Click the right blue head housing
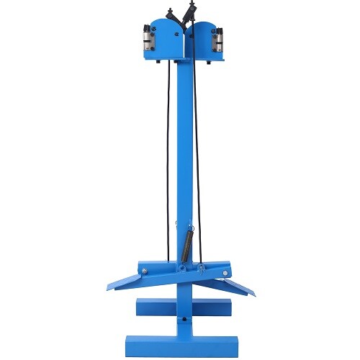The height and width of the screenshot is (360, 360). pos(202,40)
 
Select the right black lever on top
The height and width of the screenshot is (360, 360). pos(192,12)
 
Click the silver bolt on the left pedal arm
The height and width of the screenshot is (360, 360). pos(145,271)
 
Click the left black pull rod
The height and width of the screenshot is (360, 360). pos(170,166)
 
